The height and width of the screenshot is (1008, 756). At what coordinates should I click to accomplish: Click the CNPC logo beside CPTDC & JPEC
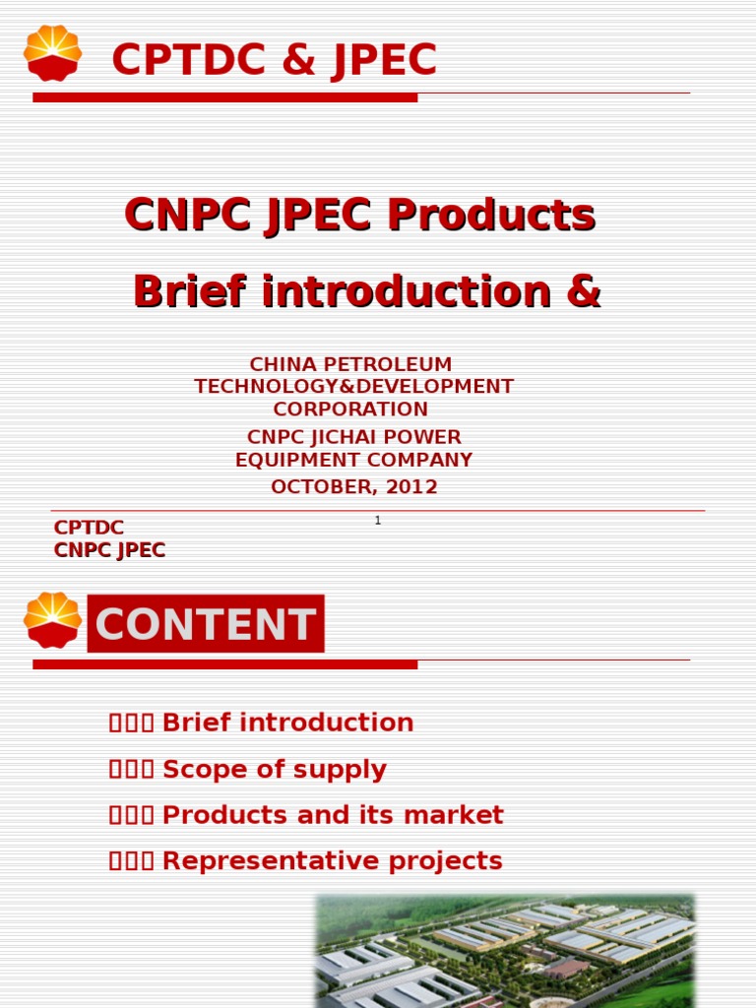click(x=53, y=53)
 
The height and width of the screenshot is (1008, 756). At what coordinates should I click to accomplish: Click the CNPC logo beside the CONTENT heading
click(x=53, y=620)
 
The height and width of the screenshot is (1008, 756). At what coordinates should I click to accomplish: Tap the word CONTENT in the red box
click(x=206, y=624)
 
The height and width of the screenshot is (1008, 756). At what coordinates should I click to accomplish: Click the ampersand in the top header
click(x=299, y=60)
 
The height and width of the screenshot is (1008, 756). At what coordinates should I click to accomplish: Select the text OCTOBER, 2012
click(x=354, y=486)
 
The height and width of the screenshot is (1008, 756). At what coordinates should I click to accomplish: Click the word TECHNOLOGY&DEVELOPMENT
click(x=354, y=386)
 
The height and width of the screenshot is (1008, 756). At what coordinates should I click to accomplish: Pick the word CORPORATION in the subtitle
click(x=350, y=409)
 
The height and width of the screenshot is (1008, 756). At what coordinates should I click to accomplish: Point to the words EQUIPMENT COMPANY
click(x=354, y=460)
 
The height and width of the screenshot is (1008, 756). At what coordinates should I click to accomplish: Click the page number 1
click(x=378, y=520)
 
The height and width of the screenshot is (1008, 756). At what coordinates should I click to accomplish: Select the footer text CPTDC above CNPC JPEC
click(x=89, y=528)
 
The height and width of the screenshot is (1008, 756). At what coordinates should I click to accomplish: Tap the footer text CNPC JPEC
click(x=109, y=550)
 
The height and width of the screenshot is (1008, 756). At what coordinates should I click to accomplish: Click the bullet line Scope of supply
click(x=274, y=769)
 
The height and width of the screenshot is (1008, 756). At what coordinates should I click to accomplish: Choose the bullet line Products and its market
click(x=332, y=815)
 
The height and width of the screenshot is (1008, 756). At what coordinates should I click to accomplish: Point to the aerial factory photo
click(x=504, y=950)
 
